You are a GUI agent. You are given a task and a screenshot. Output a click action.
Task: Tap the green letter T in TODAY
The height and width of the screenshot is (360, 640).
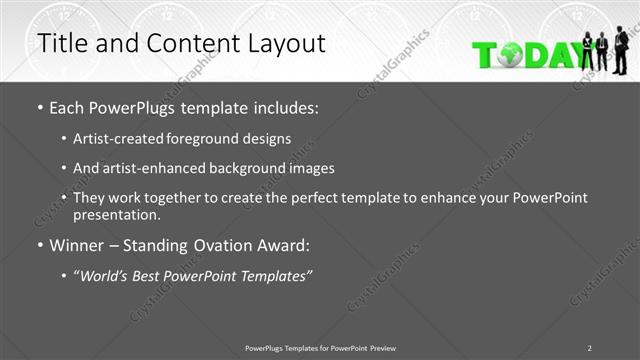[x=485, y=55]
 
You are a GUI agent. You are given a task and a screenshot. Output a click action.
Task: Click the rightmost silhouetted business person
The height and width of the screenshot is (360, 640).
[x=621, y=50]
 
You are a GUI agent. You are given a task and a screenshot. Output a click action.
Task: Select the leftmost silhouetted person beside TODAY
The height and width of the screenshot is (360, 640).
[x=587, y=52]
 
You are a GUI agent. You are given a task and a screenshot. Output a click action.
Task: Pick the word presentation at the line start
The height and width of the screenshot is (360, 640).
[x=117, y=214]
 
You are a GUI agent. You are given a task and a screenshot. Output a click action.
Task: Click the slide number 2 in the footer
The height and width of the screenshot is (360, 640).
[x=589, y=347]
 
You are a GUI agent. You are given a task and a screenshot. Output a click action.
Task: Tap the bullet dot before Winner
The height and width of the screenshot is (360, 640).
[x=39, y=245]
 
